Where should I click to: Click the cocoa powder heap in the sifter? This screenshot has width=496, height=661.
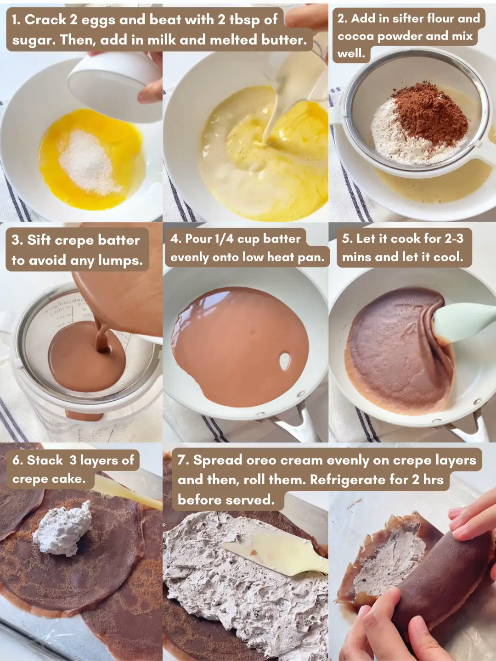[x=429, y=112]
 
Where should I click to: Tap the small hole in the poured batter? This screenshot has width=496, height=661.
[x=285, y=361]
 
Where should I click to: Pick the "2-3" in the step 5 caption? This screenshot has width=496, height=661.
[x=454, y=239]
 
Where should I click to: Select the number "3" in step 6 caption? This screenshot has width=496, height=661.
[x=73, y=460]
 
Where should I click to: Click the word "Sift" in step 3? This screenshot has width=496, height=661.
[x=39, y=240]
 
